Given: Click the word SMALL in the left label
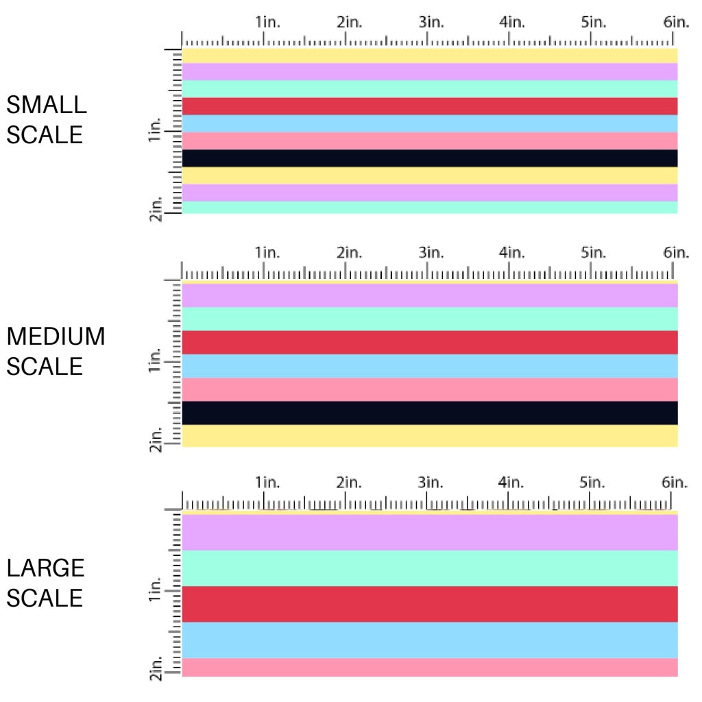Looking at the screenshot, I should (47, 105).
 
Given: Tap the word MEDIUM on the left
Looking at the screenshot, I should (56, 337).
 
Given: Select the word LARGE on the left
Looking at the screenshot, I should (45, 568).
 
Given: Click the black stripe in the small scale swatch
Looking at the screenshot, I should (430, 158).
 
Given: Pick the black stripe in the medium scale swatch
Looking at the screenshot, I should (430, 413).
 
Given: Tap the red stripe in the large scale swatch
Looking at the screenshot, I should (430, 604).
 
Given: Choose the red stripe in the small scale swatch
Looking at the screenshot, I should (430, 106).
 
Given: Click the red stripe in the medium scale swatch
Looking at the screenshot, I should (430, 342).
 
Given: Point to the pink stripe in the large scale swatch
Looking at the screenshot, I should (430, 667).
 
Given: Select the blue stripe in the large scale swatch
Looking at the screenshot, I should (430, 640).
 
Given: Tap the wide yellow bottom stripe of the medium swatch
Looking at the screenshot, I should (430, 436).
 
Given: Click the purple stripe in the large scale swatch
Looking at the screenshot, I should (430, 532).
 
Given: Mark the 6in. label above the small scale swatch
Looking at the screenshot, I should (675, 23).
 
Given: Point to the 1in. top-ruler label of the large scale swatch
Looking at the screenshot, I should (267, 483).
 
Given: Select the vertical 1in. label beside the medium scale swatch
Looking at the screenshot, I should (154, 361).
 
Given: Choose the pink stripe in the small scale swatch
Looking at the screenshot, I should (430, 141).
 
